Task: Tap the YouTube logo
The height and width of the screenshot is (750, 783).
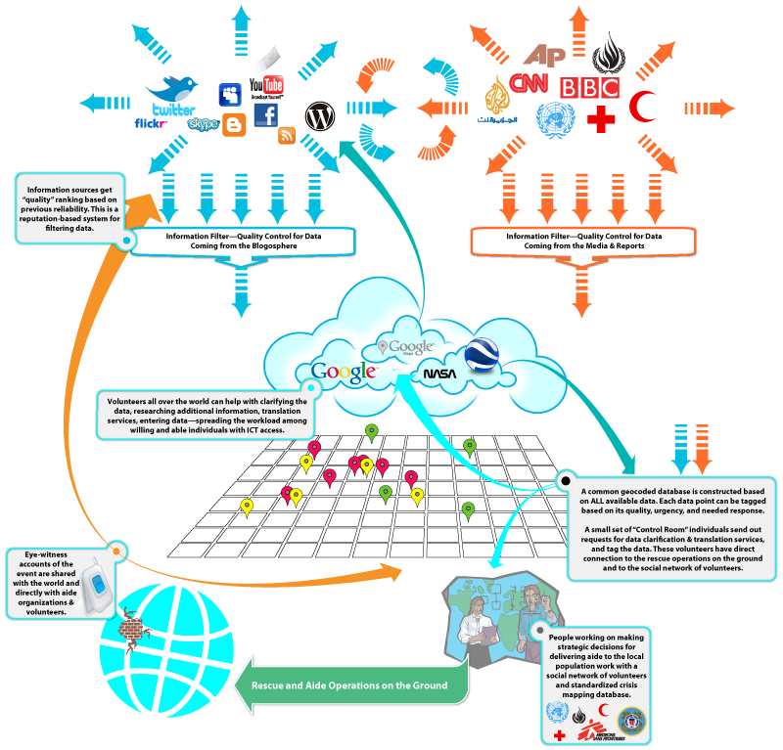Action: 266,89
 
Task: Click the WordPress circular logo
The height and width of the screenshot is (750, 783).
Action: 319,116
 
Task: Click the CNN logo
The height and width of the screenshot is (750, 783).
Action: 529,83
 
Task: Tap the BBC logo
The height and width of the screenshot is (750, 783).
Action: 589,89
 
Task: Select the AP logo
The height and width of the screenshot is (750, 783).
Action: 544,56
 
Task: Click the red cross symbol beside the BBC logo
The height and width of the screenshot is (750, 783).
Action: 599,119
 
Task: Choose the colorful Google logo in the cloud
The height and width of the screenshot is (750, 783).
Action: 344,372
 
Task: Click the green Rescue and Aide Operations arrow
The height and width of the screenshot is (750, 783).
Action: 354,684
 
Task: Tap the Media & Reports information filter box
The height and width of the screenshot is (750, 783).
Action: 583,242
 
